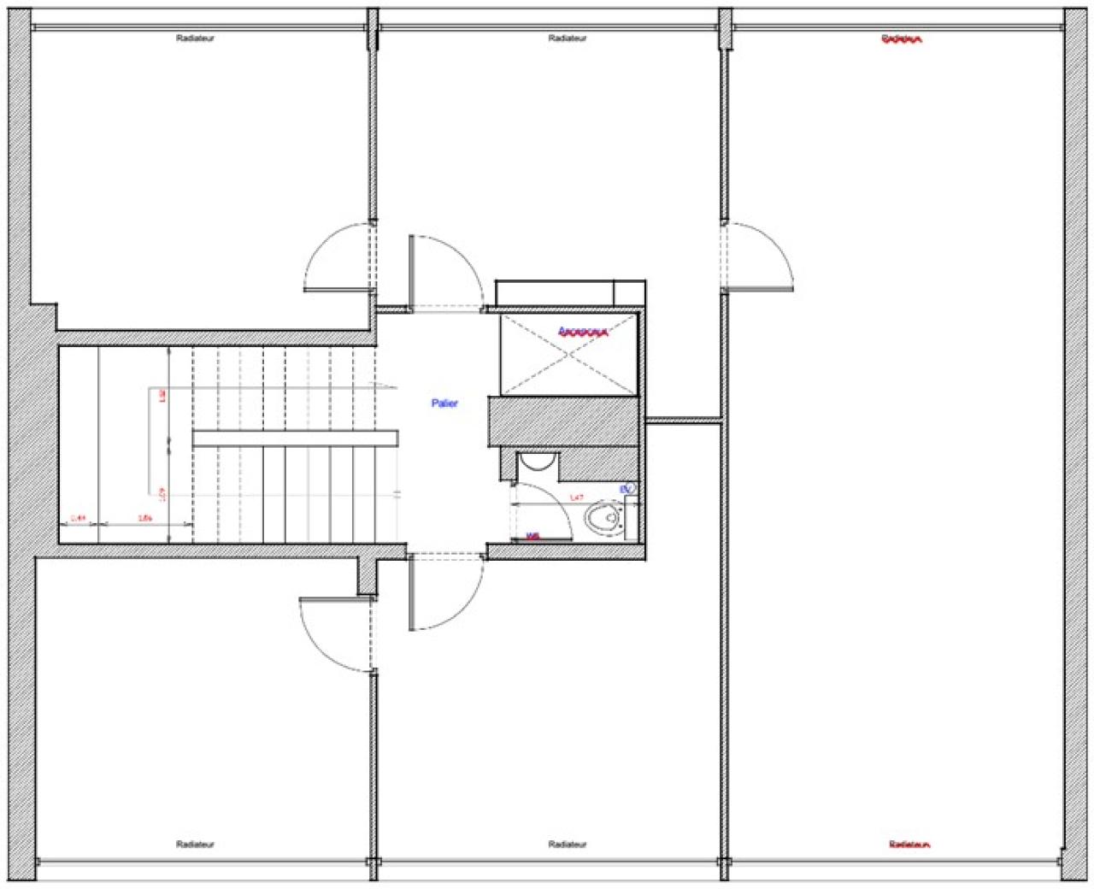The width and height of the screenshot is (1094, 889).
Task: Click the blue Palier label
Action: (x=444, y=403)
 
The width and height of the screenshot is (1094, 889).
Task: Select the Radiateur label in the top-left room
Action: (x=195, y=38)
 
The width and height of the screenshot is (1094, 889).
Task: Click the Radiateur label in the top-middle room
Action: (x=568, y=38)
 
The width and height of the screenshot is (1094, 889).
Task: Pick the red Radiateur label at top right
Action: (x=902, y=39)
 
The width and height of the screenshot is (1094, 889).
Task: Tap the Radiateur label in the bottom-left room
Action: (x=195, y=845)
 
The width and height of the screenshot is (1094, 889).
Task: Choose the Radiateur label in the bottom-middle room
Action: (x=568, y=845)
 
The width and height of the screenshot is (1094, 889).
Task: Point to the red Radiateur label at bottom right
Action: (x=909, y=845)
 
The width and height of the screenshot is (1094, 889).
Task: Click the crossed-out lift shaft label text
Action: (x=582, y=332)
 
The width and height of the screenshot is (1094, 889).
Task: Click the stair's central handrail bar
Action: (x=295, y=439)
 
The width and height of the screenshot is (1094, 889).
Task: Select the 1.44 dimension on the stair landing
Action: (x=78, y=517)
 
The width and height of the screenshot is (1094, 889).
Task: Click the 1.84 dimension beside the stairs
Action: (x=144, y=517)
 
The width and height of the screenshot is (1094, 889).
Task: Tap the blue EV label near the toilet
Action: (x=626, y=489)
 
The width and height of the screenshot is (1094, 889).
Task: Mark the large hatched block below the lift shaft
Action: (x=564, y=421)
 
